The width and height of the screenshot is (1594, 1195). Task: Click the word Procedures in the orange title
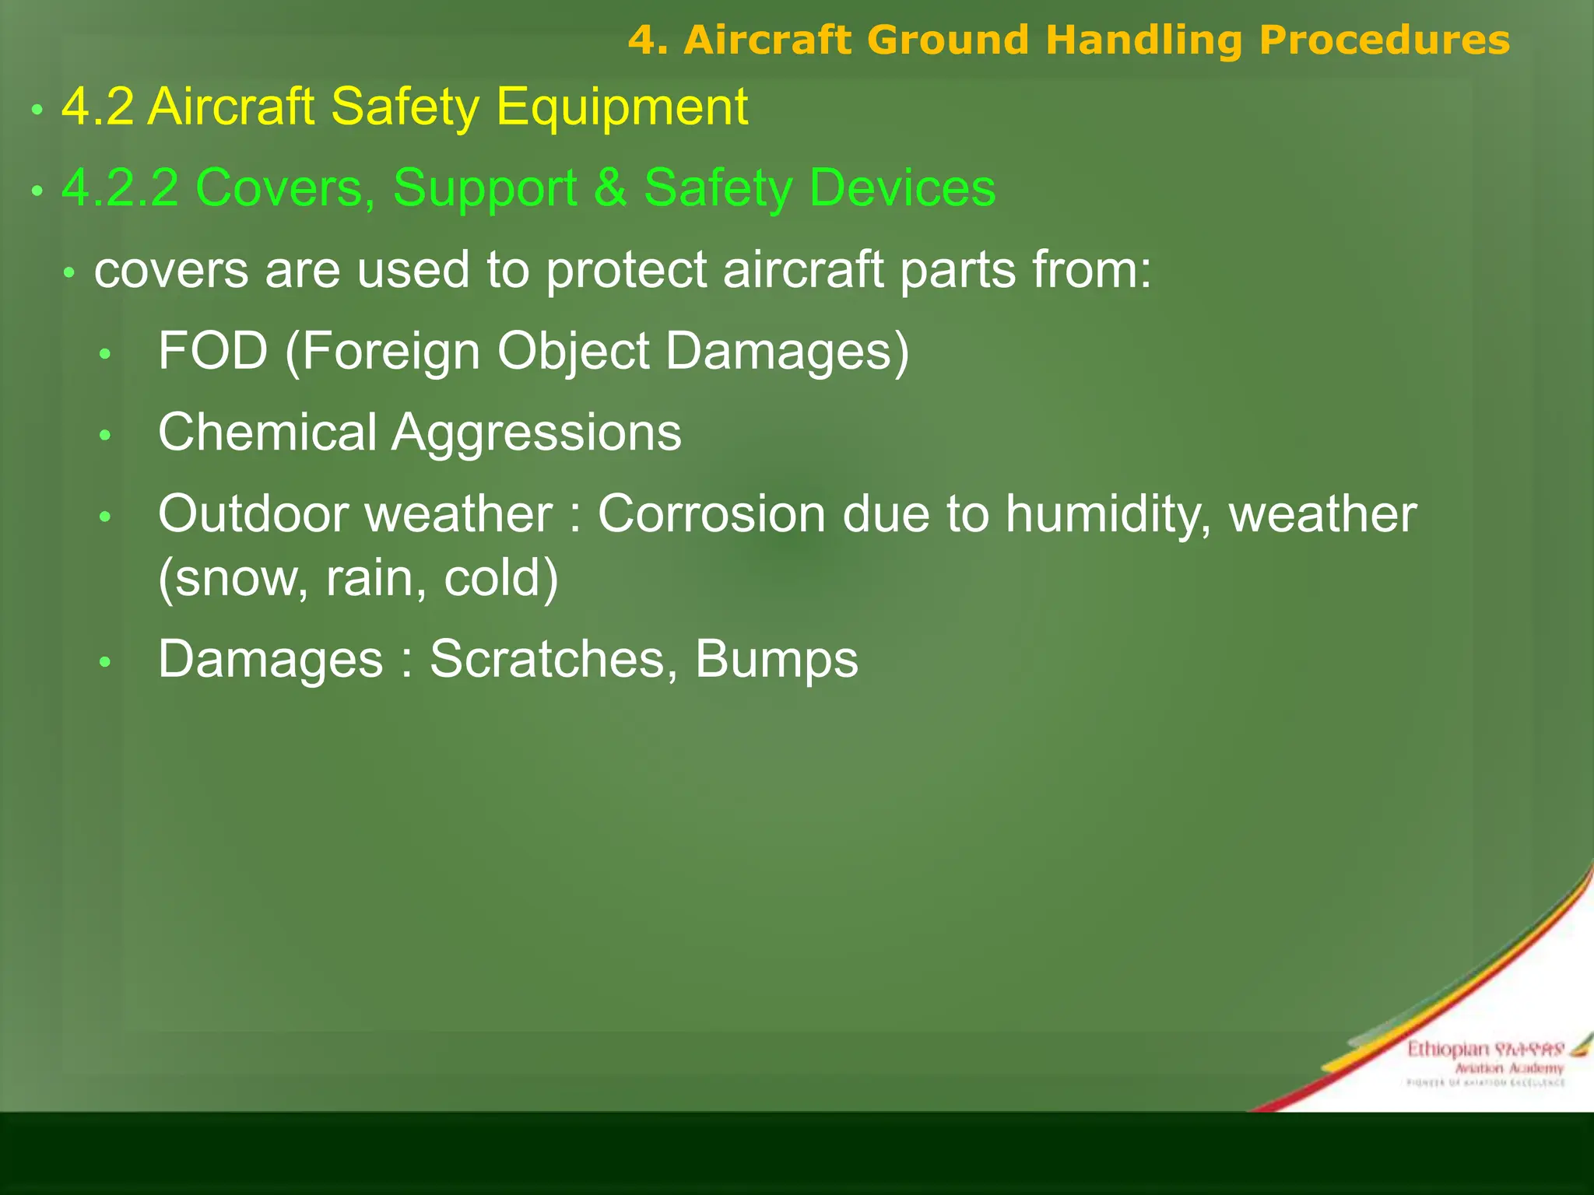[x=1384, y=40]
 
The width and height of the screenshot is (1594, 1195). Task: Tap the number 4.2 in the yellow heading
[x=97, y=107]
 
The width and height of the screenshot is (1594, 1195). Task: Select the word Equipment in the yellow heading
[x=622, y=107]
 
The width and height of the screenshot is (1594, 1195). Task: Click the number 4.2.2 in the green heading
[x=121, y=187]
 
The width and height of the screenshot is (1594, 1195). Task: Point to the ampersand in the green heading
[x=610, y=187]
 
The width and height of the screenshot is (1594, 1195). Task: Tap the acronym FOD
[x=212, y=351]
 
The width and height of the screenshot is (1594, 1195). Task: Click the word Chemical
[x=267, y=433]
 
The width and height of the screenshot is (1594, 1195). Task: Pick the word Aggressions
[x=536, y=433]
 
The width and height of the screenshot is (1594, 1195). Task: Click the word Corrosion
[x=711, y=514]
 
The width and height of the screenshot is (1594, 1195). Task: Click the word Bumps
[x=776, y=659]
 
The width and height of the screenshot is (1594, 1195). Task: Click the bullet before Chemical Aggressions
[x=106, y=435]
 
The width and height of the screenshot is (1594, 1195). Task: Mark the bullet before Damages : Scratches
[x=106, y=662]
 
